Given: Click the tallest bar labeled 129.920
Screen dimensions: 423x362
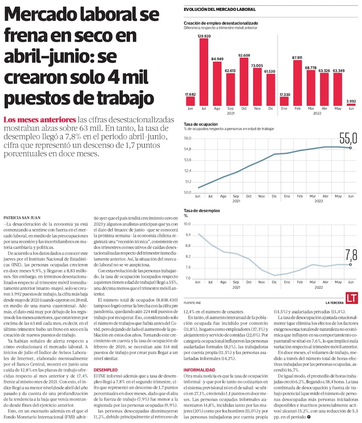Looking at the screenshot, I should click(204, 72).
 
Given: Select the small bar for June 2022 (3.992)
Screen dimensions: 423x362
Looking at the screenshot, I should click(351, 105).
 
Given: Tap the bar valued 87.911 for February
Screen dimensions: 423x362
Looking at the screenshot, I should click(298, 83).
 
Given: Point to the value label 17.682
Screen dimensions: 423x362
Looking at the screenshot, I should click(190, 95).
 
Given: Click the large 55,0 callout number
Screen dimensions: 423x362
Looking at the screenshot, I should click(348, 138).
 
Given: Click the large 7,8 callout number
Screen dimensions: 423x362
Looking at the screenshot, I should click(351, 255).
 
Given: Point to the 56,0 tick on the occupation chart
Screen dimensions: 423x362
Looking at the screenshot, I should click(187, 138).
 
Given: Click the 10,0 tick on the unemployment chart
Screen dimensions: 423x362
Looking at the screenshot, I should click(187, 224).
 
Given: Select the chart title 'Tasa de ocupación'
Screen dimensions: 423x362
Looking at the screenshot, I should click(199, 124).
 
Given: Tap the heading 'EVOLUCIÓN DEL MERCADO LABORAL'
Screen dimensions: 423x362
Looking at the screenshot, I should click(220, 9).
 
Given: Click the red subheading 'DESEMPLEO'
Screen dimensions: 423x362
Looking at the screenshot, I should click(106, 370).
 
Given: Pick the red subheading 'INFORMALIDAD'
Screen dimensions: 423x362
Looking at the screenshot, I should click(199, 370).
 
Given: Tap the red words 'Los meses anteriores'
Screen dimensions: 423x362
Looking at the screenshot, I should click(39, 120).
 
